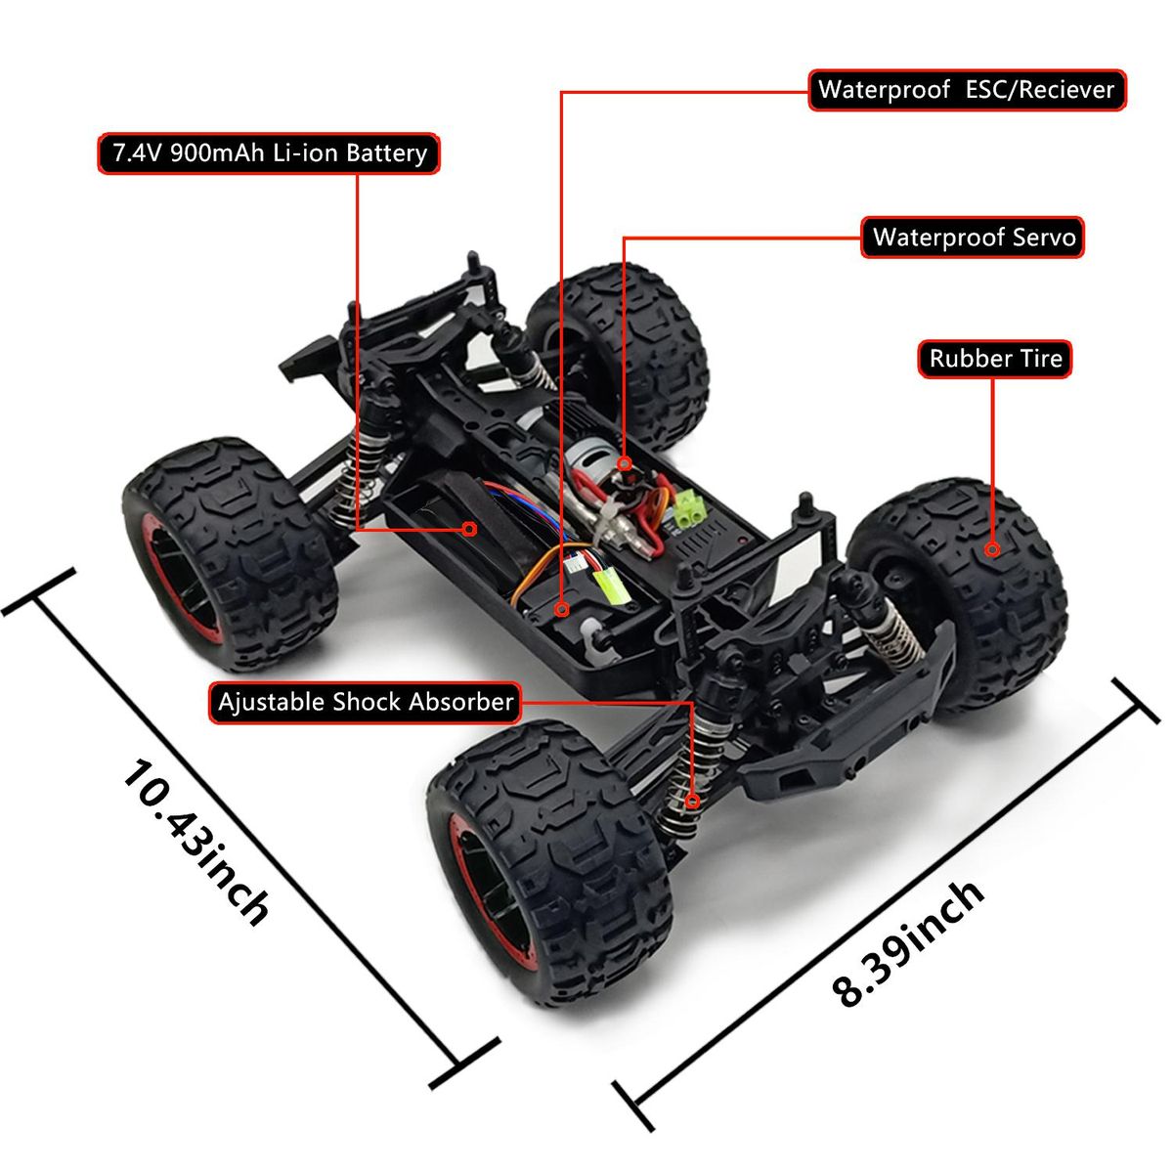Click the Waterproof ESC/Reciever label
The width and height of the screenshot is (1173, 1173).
(x=967, y=90)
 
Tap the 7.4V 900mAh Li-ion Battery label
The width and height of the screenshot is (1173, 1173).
(x=269, y=153)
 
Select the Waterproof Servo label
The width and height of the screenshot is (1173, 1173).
(x=973, y=238)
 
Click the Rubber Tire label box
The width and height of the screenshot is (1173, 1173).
(x=995, y=359)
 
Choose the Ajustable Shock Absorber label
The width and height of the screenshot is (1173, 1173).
(x=366, y=703)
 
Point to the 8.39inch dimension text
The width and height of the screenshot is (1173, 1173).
(x=907, y=945)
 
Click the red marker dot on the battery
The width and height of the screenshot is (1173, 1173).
(x=469, y=529)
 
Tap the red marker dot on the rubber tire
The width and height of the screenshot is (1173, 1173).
(x=993, y=549)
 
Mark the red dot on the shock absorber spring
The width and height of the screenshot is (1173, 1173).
(x=692, y=802)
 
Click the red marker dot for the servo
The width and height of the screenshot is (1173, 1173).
(x=624, y=464)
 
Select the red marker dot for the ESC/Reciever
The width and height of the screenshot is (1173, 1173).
(x=562, y=609)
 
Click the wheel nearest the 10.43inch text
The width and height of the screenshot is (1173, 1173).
(x=230, y=552)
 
